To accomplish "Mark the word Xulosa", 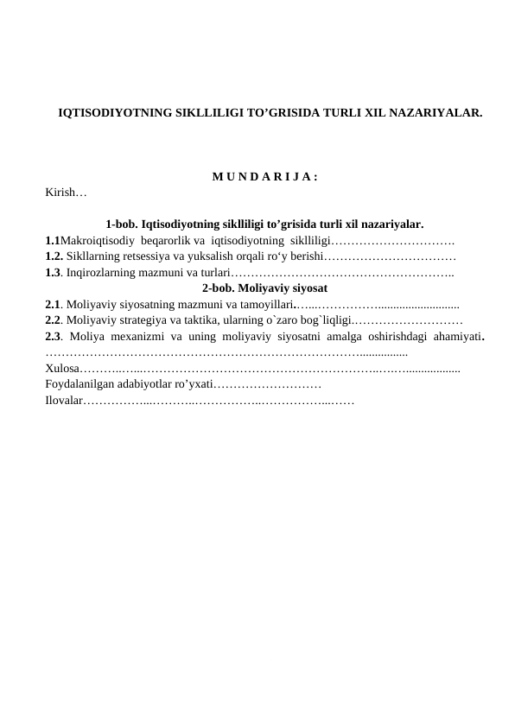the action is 62,367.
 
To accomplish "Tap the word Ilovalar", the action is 64,400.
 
